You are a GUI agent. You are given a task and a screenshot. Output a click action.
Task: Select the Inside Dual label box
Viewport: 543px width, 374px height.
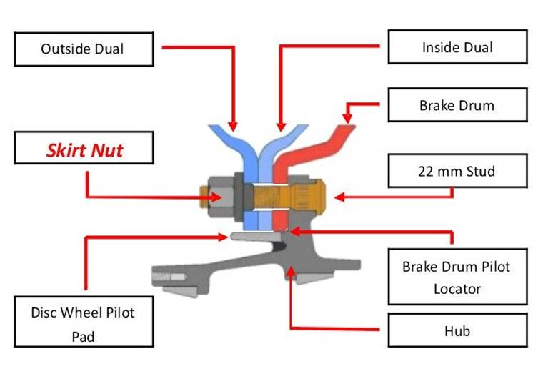(457, 48)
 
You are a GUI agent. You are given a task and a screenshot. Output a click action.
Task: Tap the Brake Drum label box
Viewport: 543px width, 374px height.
(457, 105)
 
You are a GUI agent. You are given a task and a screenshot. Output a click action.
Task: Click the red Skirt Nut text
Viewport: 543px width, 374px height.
(84, 151)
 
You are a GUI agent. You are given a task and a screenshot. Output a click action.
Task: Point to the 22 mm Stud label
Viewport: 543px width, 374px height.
(457, 172)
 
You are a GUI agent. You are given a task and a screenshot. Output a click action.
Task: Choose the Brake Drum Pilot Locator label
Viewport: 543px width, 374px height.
(457, 277)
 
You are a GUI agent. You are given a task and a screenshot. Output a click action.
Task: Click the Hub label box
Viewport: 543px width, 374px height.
(457, 330)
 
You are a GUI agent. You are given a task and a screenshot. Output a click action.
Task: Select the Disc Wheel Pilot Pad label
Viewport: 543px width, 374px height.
(83, 322)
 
